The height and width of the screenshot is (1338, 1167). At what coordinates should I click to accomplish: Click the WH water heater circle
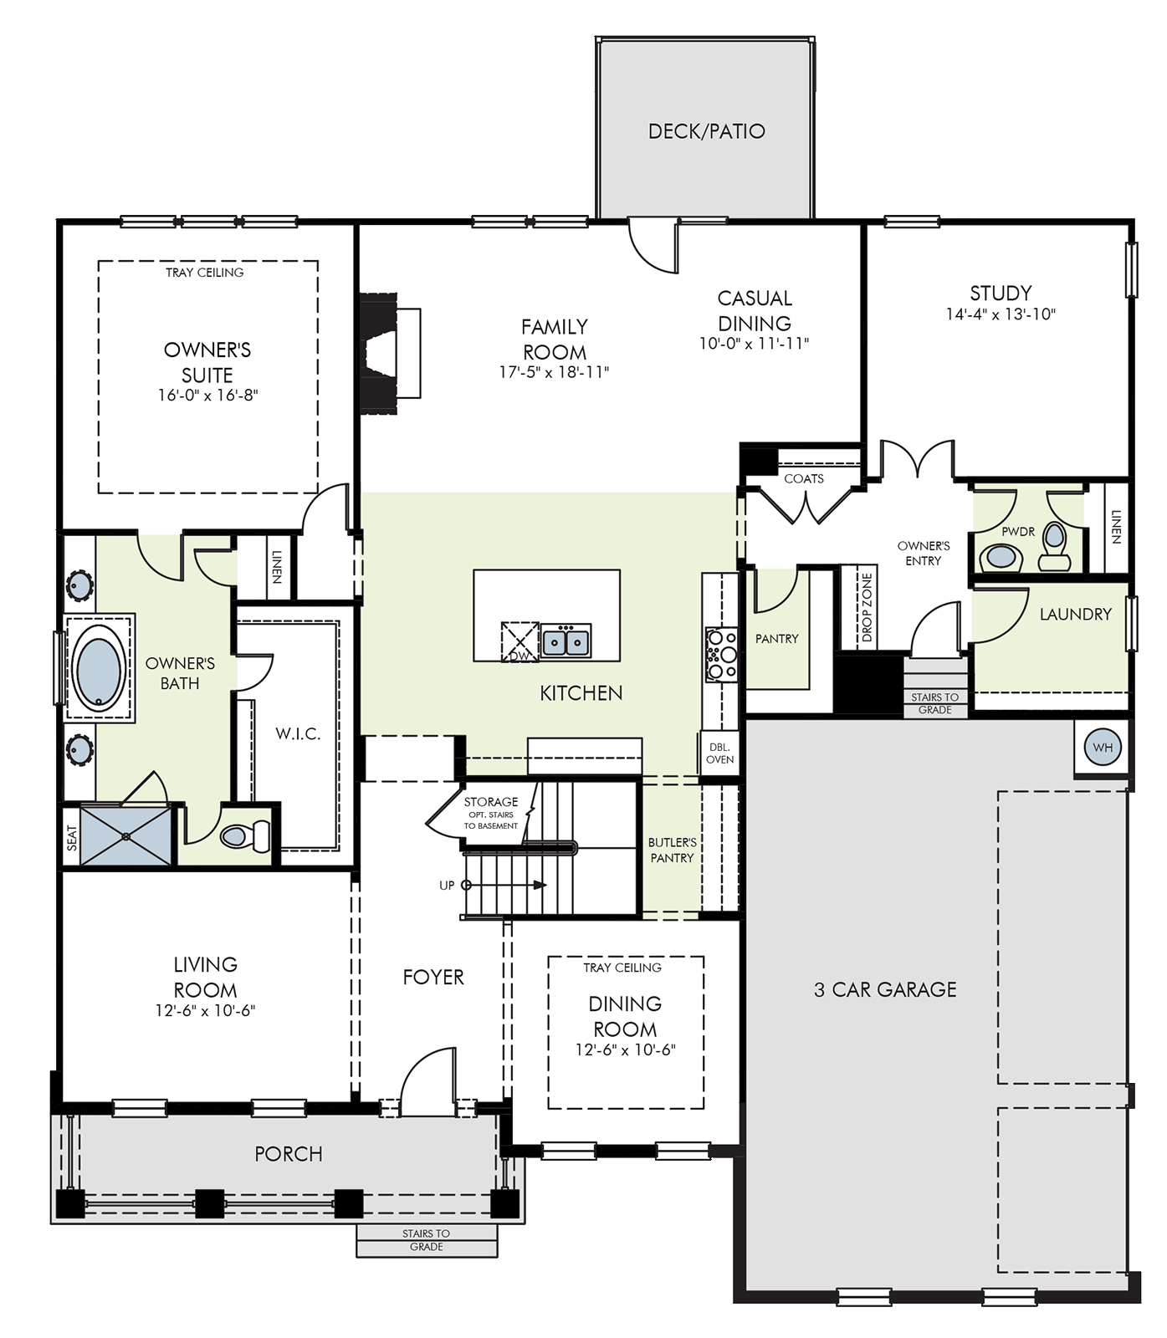tap(1103, 748)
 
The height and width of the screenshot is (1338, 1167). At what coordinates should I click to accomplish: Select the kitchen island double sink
tap(566, 642)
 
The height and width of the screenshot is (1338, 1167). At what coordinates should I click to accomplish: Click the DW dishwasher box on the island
tap(520, 642)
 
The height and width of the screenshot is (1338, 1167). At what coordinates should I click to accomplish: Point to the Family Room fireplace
tap(389, 353)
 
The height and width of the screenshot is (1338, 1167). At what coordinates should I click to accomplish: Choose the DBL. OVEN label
tap(719, 753)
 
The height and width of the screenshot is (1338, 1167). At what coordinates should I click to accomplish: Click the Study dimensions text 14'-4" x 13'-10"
tap(1001, 314)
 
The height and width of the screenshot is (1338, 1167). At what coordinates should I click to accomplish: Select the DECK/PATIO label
tap(707, 131)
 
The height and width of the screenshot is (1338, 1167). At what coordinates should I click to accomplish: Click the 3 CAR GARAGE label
tap(885, 989)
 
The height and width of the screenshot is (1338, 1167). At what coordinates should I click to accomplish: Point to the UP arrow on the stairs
tap(505, 885)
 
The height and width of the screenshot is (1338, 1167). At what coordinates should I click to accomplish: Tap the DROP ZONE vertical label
tap(867, 608)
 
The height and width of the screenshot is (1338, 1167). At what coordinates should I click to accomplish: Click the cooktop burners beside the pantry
tap(720, 655)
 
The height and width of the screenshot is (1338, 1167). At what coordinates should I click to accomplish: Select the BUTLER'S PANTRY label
tap(672, 850)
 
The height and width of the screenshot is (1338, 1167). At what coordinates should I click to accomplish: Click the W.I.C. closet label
tap(298, 734)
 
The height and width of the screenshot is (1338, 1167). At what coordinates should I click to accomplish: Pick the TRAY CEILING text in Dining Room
tap(622, 968)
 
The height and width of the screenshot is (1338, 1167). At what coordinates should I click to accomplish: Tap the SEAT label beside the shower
tap(72, 838)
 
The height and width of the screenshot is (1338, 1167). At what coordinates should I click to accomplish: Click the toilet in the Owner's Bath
tap(245, 835)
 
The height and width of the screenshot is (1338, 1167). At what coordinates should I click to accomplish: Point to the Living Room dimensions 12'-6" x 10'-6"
tap(205, 1010)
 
